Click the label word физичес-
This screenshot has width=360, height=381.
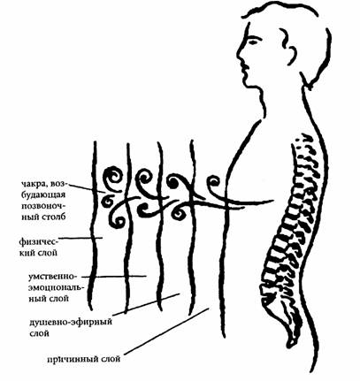pyautogui.click(x=38, y=241)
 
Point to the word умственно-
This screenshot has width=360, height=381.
pyautogui.click(x=52, y=277)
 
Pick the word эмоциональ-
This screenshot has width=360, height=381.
pyautogui.click(x=56, y=287)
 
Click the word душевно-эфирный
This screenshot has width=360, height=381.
pyautogui.click(x=71, y=322)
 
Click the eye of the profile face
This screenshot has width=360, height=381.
pyautogui.click(x=253, y=41)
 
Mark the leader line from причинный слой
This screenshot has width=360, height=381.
pyautogui.click(x=166, y=331)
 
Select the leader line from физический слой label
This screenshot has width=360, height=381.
pyautogui.click(x=80, y=238)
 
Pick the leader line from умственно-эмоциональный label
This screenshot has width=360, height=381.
pyautogui.click(x=114, y=277)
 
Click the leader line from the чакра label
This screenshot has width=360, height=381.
pyautogui.click(x=86, y=187)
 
